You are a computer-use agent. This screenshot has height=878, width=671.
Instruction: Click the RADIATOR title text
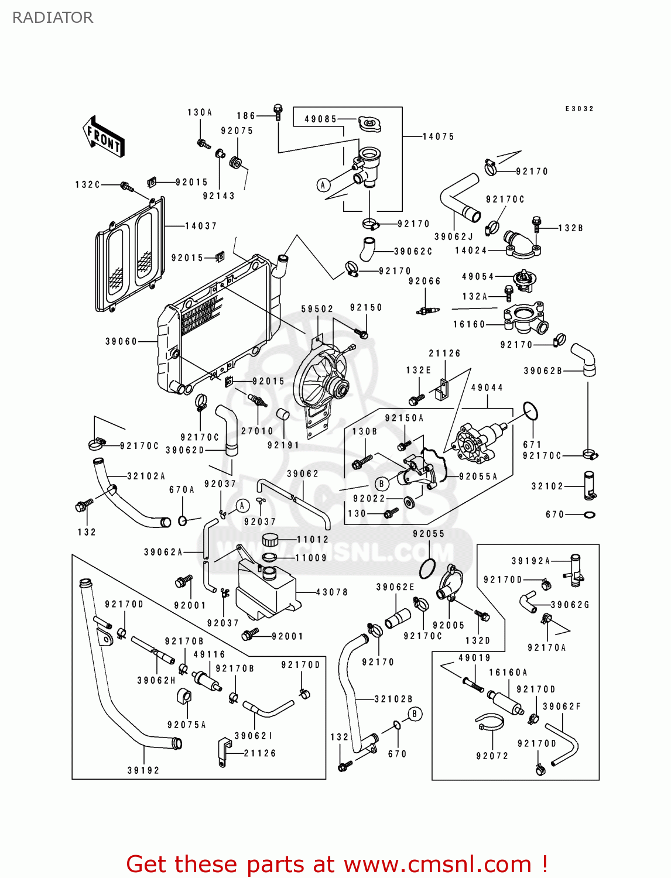coord(53,18)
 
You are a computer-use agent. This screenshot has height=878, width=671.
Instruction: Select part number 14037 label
coord(201,226)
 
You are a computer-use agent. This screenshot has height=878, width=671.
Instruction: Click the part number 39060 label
coord(121,341)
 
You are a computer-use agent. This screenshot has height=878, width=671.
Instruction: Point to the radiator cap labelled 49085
coord(369,124)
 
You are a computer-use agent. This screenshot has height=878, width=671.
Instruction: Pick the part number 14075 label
coord(439,136)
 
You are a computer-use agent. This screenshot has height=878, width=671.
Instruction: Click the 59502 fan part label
coord(317,309)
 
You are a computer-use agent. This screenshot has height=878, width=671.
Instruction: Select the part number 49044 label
coord(487,387)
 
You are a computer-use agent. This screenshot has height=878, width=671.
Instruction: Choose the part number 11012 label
coord(313,540)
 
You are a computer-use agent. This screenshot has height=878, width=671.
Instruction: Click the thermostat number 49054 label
coord(478,276)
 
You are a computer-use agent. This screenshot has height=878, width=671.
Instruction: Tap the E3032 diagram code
coord(580,109)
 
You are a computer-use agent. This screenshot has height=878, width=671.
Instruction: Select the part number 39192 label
coord(143,770)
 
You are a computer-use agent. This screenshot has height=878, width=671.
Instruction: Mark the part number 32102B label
coord(393,699)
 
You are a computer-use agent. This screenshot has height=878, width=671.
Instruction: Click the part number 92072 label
coord(492,756)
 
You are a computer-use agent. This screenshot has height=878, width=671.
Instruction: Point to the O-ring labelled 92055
coord(427,567)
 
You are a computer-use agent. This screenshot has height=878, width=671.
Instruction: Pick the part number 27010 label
coord(257,431)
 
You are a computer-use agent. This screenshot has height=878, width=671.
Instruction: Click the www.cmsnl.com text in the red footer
coord(437,864)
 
